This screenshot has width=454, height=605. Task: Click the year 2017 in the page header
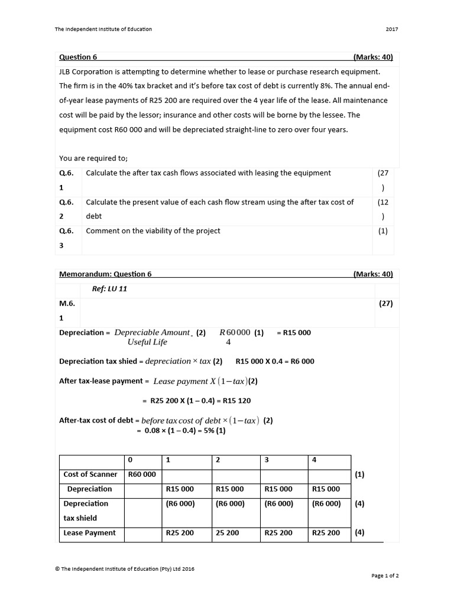point(392,29)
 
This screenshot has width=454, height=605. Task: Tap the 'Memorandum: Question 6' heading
point(106,274)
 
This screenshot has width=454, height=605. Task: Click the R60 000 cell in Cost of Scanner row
point(142,474)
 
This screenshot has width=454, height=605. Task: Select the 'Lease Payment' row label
point(90,533)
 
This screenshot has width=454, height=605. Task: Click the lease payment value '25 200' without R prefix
point(228,533)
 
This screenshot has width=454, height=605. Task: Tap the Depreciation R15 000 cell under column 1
point(180,489)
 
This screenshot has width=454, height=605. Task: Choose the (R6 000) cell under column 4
point(326,504)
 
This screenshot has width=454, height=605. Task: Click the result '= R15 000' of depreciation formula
point(293,333)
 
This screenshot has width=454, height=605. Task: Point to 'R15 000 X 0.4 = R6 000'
point(275,362)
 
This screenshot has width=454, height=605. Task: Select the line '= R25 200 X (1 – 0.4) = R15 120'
point(197,401)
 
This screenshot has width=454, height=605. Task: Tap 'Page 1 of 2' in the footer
point(385,575)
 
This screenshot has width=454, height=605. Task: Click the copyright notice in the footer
point(125,569)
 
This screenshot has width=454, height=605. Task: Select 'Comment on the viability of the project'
point(153,231)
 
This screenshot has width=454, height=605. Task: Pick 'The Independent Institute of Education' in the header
point(103,29)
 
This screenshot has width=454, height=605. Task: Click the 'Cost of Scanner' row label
point(90,474)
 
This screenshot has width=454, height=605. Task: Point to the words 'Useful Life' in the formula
point(147,342)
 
